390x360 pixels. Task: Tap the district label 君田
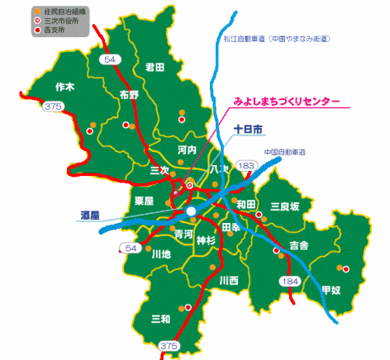155,67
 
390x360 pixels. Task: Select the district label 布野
129,94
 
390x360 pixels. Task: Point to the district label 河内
187,150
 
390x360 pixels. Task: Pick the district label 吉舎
298,245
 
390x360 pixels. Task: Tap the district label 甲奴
331,290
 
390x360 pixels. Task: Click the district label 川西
228,281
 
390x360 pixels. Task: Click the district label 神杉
206,240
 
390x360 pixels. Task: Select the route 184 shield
291,283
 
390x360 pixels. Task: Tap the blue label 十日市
248,130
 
